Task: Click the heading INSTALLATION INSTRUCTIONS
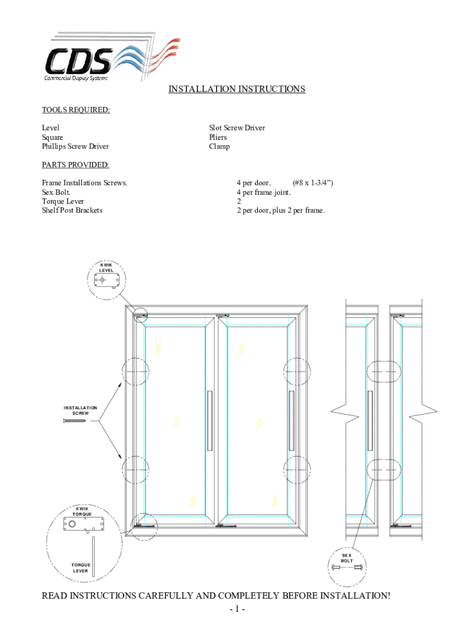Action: pyautogui.click(x=237, y=89)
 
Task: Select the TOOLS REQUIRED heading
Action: pyautogui.click(x=76, y=110)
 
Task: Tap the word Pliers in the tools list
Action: pyautogui.click(x=218, y=137)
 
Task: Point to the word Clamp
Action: pyautogui.click(x=219, y=147)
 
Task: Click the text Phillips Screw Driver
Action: pyautogui.click(x=75, y=147)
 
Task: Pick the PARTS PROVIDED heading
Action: pyautogui.click(x=75, y=165)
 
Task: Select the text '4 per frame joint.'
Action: pyautogui.click(x=263, y=192)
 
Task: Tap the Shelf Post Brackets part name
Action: pyautogui.click(x=72, y=210)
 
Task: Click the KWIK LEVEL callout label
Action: pyautogui.click(x=106, y=267)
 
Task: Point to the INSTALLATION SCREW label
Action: pyautogui.click(x=80, y=410)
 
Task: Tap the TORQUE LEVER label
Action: pyautogui.click(x=81, y=568)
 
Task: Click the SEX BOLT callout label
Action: pyautogui.click(x=347, y=558)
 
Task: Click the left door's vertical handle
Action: pyautogui.click(x=210, y=421)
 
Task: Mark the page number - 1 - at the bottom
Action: pyautogui.click(x=237, y=611)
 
